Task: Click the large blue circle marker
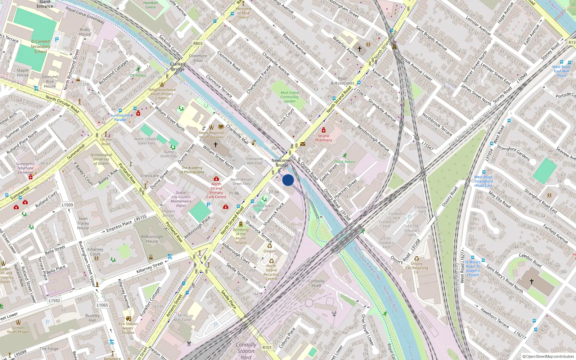click(x=288, y=180)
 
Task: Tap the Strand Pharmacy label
click(x=323, y=138)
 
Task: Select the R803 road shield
click(x=198, y=43)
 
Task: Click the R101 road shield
click(x=267, y=347)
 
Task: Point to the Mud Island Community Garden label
click(x=290, y=97)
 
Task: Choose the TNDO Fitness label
click(x=345, y=162)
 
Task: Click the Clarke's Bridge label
click(x=178, y=67)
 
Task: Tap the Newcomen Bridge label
click(x=282, y=163)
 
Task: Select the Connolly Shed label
click(x=316, y=283)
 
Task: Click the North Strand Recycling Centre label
click(x=271, y=272)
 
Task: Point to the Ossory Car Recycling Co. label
click(x=417, y=268)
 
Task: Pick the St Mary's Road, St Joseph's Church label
click(x=473, y=269)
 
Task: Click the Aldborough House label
click(x=152, y=239)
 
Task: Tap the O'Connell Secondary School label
click(x=40, y=46)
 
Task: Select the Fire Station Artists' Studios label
click(x=128, y=328)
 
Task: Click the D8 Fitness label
click(x=138, y=76)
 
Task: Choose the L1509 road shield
click(x=67, y=205)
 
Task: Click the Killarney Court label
click(x=95, y=252)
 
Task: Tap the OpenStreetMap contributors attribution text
click(x=548, y=356)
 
